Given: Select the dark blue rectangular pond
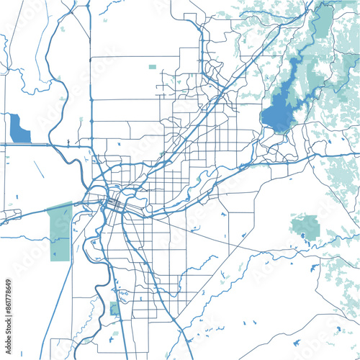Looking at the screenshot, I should pos(20,128).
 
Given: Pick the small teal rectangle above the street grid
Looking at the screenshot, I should pos(152,67).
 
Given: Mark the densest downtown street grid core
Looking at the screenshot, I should pos(115,205).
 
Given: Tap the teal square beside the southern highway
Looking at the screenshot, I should pos(114,309).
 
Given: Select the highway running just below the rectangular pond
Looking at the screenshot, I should pos(29,145).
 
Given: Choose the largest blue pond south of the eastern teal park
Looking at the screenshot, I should pos(314,269).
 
